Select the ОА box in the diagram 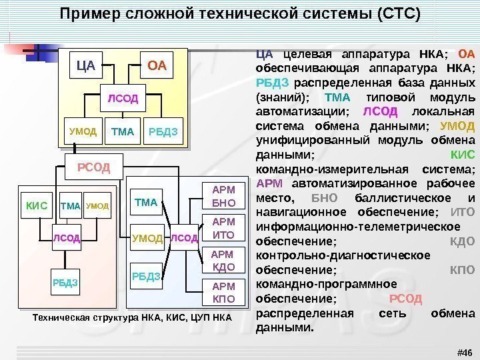157,66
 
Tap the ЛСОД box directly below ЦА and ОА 123,99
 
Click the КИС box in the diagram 37,206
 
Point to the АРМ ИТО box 223,228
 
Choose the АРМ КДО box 223,261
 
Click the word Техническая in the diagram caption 59,318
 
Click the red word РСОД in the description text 405,299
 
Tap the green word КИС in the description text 463,155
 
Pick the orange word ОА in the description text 467,55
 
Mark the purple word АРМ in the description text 270,184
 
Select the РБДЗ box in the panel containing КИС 65,283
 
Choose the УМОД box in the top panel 83,132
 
